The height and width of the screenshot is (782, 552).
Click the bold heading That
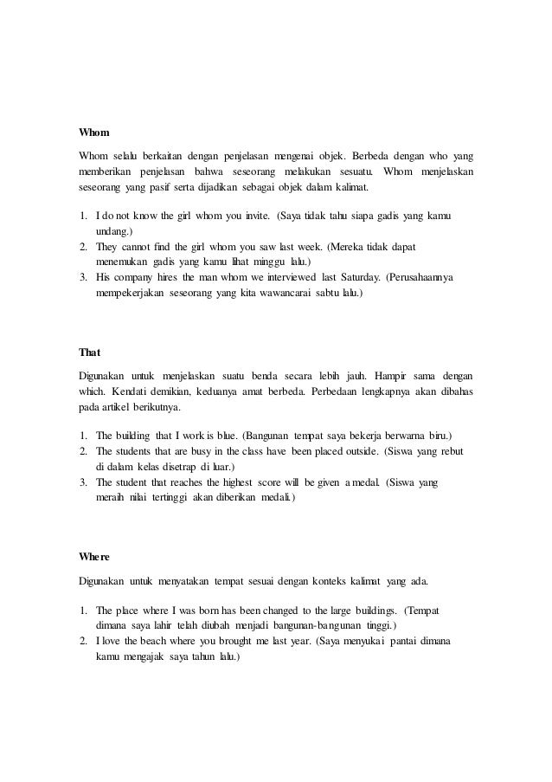[x=90, y=352]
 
